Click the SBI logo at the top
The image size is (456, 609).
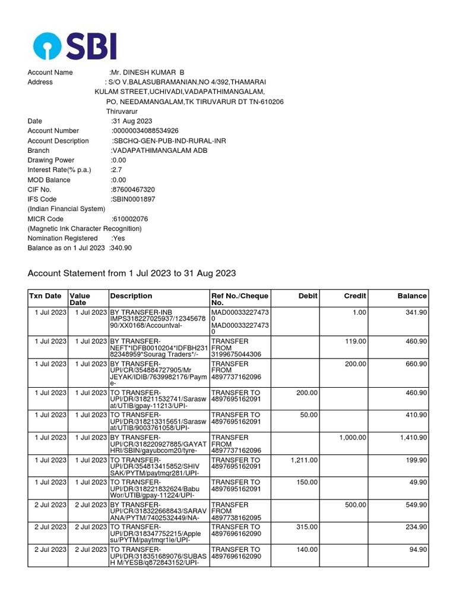(x=75, y=45)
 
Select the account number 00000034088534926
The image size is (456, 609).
(x=145, y=131)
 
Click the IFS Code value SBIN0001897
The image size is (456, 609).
(x=133, y=199)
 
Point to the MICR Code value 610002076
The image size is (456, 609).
(x=130, y=219)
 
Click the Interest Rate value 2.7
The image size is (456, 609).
(x=116, y=170)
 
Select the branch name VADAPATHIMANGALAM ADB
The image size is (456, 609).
(x=153, y=150)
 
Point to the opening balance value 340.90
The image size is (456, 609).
(x=121, y=248)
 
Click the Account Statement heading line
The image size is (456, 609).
(x=132, y=274)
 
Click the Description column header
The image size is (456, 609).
(x=131, y=296)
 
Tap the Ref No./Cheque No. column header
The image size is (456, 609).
(x=240, y=299)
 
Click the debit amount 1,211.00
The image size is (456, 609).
(x=304, y=460)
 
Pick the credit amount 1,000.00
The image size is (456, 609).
(x=352, y=438)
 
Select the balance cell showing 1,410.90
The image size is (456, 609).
(x=413, y=438)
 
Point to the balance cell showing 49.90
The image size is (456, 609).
(x=416, y=483)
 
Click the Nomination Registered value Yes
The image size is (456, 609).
(x=119, y=238)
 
